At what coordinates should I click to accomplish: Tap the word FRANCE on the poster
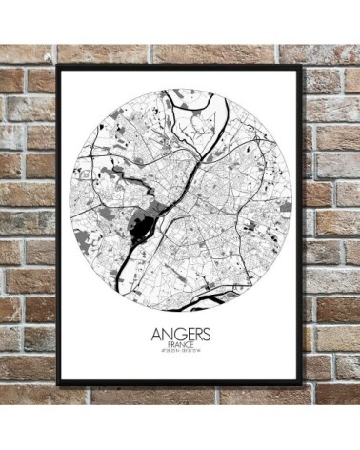[179, 349]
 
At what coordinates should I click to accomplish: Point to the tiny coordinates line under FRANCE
[179, 358]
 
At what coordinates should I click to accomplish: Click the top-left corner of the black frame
[59, 67]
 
